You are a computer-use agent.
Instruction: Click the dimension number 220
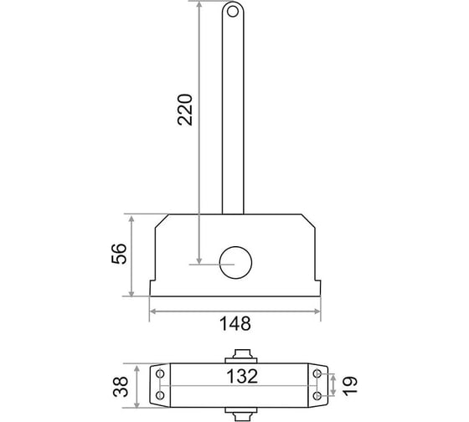[184, 110]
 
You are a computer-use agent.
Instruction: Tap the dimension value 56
[119, 254]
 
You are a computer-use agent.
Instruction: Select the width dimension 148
[235, 323]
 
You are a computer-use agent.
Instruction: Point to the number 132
[242, 376]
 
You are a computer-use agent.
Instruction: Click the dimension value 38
[121, 386]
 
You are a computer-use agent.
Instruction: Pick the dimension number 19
[350, 386]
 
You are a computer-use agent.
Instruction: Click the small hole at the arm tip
[233, 12]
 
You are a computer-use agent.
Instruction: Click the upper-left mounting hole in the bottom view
[160, 373]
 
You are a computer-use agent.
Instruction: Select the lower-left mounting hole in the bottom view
[160, 395]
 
